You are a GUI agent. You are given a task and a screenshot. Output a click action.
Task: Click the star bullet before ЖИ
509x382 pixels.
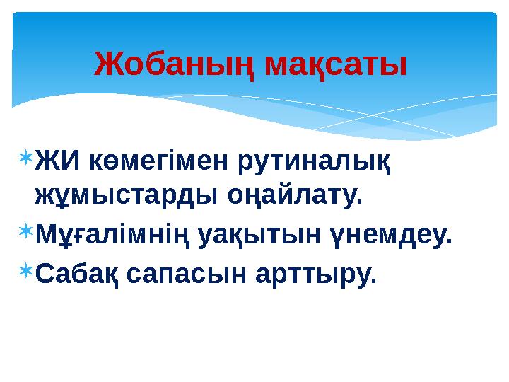25,156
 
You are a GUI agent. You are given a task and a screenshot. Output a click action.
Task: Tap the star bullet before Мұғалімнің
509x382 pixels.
25,228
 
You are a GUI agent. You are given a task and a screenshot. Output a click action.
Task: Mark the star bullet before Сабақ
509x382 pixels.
25,268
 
